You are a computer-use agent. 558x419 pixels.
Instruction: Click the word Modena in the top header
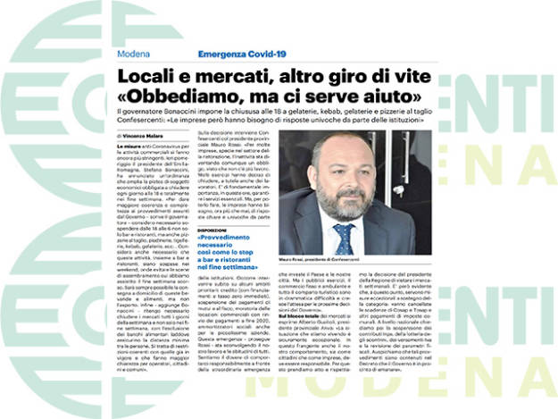tap(132, 54)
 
